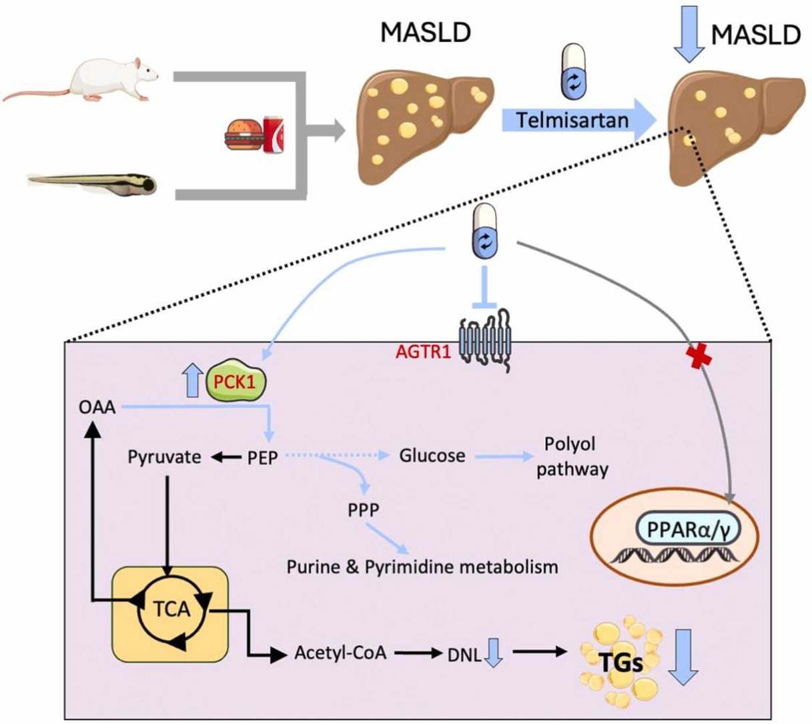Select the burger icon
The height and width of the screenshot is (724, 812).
[241, 135]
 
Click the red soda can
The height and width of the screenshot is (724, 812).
[274, 134]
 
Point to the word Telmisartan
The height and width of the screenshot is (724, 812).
[572, 120]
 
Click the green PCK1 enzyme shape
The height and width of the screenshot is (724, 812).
[236, 382]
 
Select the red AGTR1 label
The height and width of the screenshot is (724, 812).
[424, 352]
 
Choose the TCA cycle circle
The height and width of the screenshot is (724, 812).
[171, 609]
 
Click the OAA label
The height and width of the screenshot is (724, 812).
[97, 406]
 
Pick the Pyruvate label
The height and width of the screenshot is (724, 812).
[164, 457]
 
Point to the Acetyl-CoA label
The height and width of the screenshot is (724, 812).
[340, 652]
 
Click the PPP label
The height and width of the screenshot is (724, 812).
[364, 510]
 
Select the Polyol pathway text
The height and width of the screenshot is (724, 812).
[572, 456]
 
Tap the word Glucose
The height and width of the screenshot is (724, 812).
[432, 456]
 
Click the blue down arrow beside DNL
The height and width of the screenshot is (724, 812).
[493, 653]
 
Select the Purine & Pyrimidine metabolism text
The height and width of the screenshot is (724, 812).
[422, 567]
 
